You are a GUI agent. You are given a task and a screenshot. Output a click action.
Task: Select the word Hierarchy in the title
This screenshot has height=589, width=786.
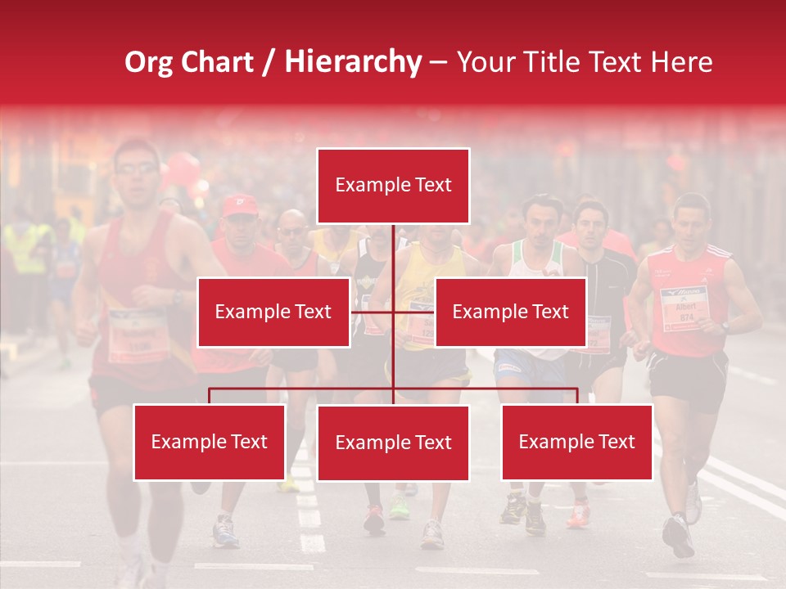coord(353,62)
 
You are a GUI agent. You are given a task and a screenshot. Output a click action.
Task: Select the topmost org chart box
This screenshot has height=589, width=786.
coord(393,186)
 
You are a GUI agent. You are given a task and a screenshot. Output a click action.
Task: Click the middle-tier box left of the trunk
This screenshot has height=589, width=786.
coord(273,312)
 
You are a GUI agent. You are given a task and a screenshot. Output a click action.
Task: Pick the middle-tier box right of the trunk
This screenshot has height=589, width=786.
coord(510,312)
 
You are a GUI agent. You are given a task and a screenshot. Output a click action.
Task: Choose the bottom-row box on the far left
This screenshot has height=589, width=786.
coord(209,442)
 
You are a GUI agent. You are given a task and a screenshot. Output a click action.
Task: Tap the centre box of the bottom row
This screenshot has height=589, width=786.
coord(393,443)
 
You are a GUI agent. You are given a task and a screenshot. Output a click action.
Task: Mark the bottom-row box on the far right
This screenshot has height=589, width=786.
coord(576,442)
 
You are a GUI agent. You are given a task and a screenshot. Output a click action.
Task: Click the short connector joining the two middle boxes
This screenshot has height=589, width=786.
coord(393,312)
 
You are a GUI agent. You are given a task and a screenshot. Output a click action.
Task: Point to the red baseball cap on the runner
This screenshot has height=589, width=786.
coord(239,205)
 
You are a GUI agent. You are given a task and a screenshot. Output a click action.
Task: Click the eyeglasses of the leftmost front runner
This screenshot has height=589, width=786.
coord(136,169)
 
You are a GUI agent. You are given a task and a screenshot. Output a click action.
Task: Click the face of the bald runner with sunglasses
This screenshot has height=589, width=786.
coord(292,231)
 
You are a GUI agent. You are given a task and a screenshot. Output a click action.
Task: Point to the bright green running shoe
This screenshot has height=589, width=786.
coord(400,508)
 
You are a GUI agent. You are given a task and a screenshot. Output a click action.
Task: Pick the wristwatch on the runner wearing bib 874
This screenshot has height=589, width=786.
coord(725,326)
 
